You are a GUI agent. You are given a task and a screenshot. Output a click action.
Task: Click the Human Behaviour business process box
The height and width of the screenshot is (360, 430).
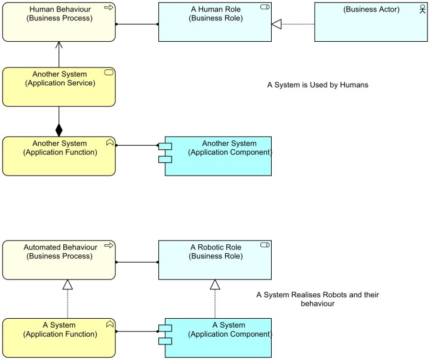tap(59, 22)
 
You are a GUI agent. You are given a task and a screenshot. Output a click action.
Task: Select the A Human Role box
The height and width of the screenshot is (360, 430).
tap(215, 22)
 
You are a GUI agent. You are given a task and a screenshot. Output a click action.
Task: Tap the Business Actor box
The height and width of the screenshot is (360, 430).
tap(371, 22)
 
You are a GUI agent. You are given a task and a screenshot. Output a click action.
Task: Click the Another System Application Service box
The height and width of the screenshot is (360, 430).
tap(59, 87)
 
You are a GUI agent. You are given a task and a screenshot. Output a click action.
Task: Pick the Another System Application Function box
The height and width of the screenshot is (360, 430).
tap(59, 156)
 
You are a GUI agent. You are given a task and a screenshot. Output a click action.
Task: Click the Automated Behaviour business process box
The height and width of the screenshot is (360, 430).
tap(59, 260)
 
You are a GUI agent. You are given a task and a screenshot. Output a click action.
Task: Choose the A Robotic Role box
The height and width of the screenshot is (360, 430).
tap(215, 260)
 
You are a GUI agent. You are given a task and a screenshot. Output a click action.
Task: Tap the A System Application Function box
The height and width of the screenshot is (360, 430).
tap(59, 338)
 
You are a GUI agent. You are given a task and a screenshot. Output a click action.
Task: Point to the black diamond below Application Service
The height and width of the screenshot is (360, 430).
tap(59, 130)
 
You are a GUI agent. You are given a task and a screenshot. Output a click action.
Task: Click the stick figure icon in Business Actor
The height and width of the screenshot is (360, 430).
tap(422, 8)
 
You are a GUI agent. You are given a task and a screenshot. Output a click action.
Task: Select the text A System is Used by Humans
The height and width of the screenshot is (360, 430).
tap(318, 85)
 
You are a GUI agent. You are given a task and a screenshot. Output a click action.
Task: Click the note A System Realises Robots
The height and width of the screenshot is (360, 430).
tap(318, 299)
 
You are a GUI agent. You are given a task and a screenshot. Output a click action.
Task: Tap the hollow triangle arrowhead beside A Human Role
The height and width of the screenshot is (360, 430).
tap(276, 24)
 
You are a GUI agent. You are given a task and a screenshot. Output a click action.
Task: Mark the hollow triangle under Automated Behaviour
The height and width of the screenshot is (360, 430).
tap(67, 285)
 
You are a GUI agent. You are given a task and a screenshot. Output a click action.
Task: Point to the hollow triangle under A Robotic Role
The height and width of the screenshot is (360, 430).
tap(215, 285)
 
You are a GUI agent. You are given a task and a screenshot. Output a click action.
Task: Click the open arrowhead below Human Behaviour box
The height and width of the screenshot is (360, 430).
tap(59, 46)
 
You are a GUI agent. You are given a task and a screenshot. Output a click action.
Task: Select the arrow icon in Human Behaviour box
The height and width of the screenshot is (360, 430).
tap(109, 8)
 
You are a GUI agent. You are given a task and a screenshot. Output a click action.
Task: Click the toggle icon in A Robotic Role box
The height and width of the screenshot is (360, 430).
tap(265, 245)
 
